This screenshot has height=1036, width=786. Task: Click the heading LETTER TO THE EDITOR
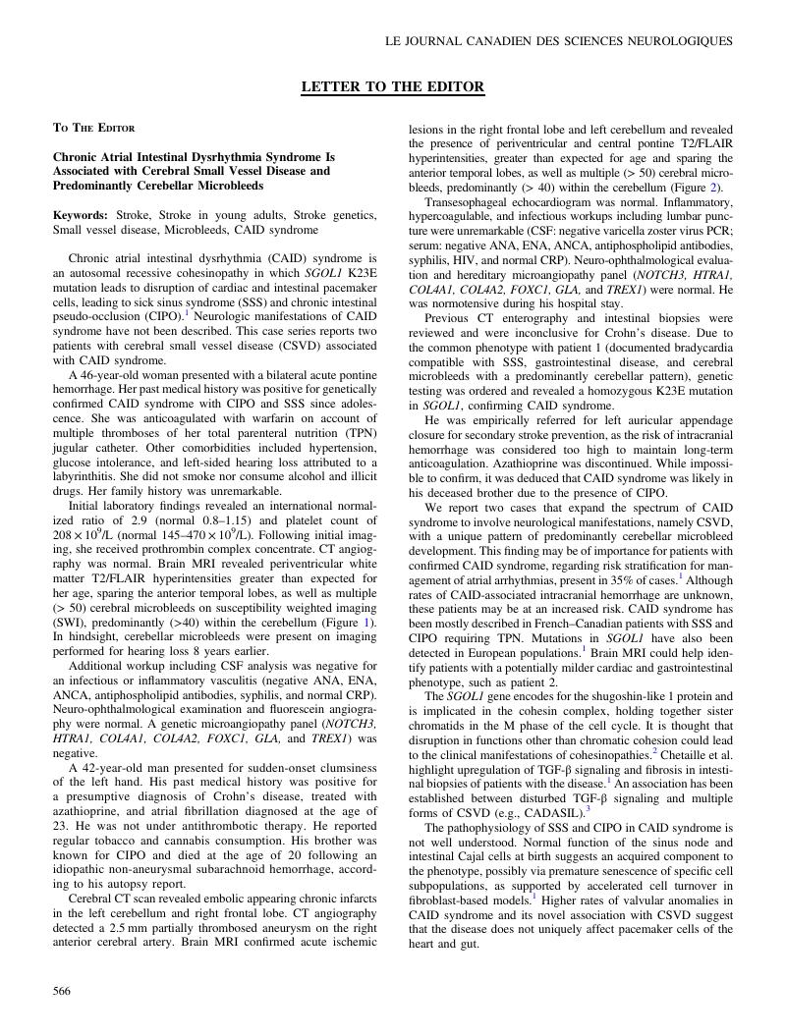(x=392, y=87)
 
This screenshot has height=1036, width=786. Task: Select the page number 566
(x=61, y=992)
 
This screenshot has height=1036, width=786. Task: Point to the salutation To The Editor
(x=93, y=128)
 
